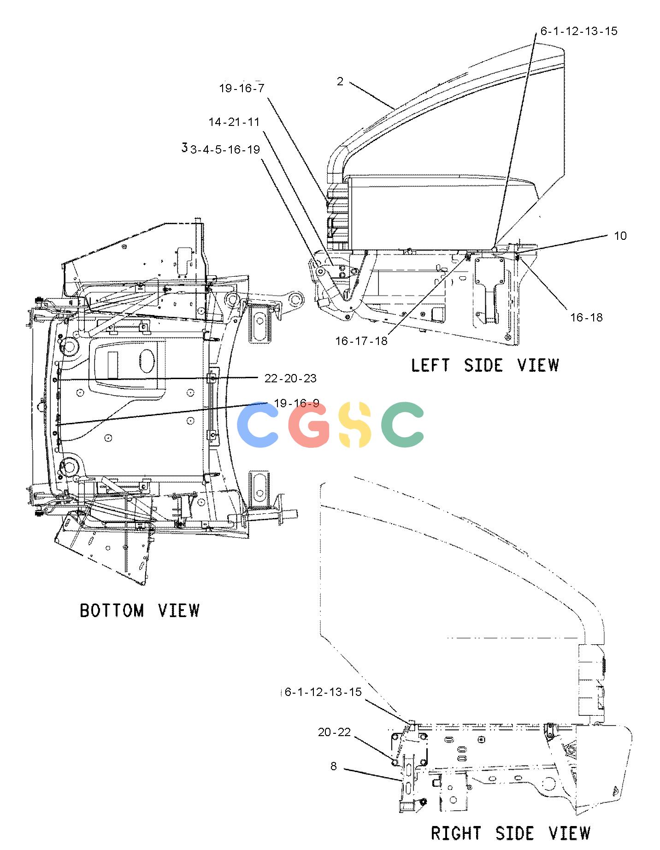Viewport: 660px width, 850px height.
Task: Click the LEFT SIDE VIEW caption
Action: [x=485, y=365]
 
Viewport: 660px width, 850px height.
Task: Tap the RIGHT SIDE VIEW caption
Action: [x=511, y=833]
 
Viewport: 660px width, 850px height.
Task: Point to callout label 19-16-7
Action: [x=242, y=88]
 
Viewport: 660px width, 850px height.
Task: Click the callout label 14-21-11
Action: [x=234, y=122]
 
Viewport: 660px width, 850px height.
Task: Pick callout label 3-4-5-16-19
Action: [x=225, y=149]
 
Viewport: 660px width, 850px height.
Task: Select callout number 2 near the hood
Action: [x=340, y=82]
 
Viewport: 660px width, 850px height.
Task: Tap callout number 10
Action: [x=620, y=236]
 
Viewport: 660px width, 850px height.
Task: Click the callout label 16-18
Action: [x=586, y=317]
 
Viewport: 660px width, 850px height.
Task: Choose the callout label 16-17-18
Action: [x=361, y=341]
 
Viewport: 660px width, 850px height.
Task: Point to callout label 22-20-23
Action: [x=290, y=378]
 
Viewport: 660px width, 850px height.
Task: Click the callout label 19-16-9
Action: [x=296, y=403]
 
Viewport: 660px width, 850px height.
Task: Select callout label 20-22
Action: [x=334, y=732]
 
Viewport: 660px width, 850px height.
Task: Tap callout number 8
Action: [x=334, y=766]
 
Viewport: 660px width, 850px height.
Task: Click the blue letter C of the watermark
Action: [x=257, y=425]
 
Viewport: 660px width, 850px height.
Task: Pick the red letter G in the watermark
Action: [x=309, y=425]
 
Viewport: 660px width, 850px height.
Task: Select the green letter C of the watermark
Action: [x=402, y=425]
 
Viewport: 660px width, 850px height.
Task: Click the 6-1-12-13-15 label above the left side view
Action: [x=579, y=31]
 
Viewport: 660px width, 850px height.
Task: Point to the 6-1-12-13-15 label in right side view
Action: [x=323, y=692]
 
